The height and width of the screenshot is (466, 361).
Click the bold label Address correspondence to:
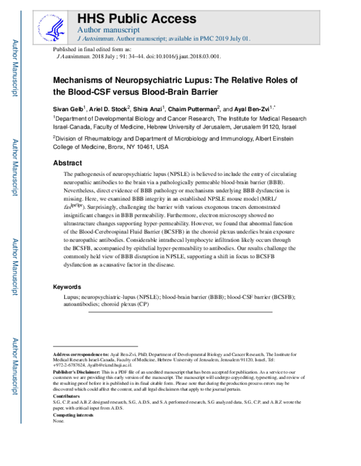[81, 356]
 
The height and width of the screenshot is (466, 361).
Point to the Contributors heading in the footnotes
[67, 397]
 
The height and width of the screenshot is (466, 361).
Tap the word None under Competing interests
[58, 422]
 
